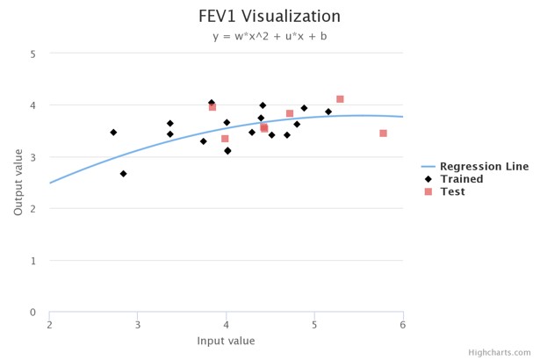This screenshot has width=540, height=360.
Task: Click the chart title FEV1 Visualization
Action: tap(270, 16)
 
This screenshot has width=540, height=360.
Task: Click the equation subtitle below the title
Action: tap(270, 37)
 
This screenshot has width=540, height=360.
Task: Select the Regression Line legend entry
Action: tap(484, 167)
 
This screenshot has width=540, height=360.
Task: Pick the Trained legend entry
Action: tap(461, 179)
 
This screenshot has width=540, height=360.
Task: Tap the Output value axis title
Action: tap(19, 183)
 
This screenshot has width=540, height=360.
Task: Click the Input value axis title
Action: tap(226, 341)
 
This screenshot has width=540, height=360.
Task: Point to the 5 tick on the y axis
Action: tap(32, 54)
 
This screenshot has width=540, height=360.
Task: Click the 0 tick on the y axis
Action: tap(32, 313)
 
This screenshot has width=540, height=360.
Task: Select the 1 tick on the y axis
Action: tap(32, 261)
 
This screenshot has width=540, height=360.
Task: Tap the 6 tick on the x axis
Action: tap(403, 325)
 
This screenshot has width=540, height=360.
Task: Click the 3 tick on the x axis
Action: tap(138, 325)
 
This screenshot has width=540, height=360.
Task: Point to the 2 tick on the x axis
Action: tap(49, 325)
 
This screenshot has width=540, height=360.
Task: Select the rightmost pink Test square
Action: tap(383, 133)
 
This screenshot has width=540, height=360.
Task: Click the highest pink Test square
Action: tap(340, 99)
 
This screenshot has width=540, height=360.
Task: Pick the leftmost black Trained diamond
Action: tap(113, 133)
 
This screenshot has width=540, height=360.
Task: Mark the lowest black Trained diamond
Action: tap(123, 174)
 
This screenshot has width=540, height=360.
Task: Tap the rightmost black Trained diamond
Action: tap(328, 112)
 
